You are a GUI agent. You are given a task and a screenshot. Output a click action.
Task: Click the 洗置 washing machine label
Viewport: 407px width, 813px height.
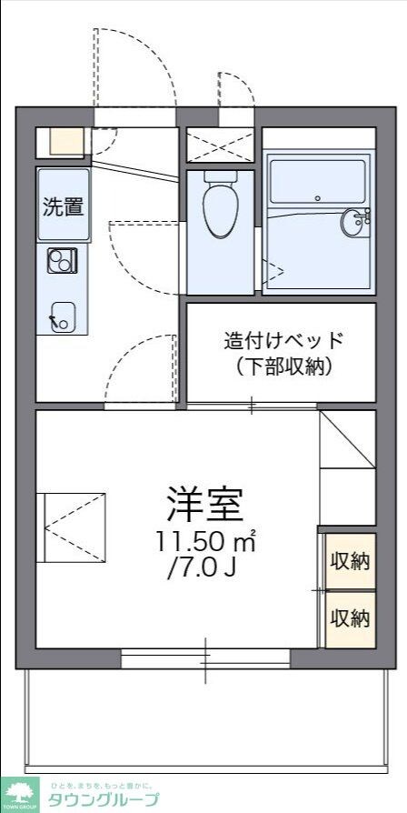(x=64, y=206)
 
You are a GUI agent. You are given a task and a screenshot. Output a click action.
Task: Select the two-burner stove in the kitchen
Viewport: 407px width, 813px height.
(x=63, y=262)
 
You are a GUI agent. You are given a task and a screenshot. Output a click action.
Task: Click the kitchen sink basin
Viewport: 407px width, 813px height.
(x=63, y=314)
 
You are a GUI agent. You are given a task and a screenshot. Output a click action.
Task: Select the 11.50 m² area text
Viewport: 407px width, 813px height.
(x=205, y=543)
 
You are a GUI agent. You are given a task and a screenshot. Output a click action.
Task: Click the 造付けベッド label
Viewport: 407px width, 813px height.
(x=284, y=341)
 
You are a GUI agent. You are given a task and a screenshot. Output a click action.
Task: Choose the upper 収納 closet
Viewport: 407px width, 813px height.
(x=350, y=560)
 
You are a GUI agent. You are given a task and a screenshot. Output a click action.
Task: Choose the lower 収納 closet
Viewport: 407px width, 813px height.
(x=350, y=618)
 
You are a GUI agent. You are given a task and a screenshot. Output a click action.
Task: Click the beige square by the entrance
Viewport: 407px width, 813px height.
(x=65, y=140)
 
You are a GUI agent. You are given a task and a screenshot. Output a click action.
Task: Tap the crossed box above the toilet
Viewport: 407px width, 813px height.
(x=221, y=145)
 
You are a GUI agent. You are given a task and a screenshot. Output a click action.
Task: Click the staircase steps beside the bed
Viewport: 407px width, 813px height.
(x=346, y=467)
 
